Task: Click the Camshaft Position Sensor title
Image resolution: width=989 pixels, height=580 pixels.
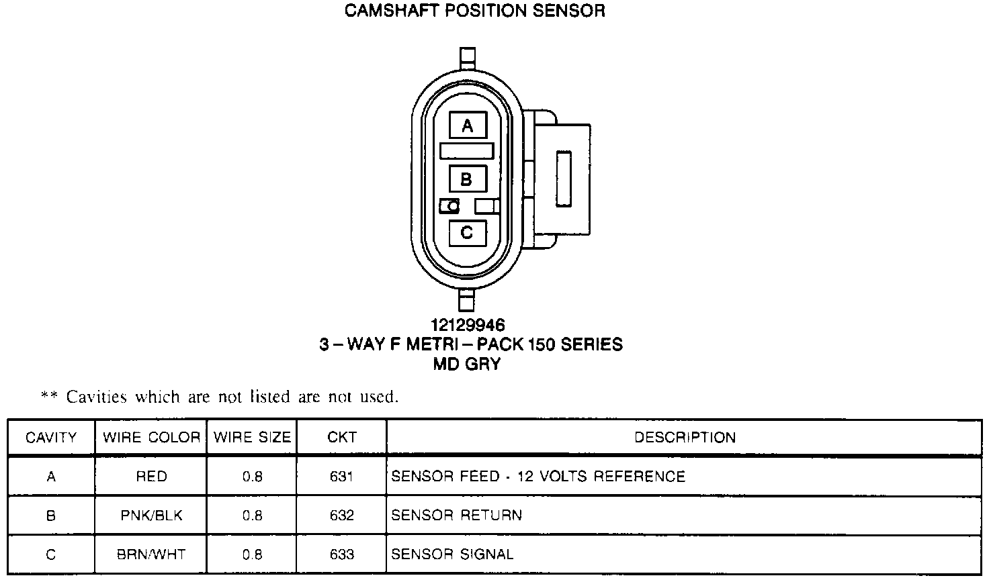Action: click(474, 11)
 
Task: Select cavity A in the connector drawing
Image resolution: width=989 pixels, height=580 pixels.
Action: click(468, 126)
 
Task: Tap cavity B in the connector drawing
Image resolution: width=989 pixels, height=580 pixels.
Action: click(467, 179)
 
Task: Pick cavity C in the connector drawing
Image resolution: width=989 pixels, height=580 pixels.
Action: click(467, 232)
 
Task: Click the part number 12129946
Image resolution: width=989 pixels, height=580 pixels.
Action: click(468, 326)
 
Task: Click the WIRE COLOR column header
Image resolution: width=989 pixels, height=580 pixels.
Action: click(151, 438)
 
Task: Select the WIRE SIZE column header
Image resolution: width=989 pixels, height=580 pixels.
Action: click(252, 438)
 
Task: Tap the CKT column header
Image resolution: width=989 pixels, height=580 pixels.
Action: click(341, 438)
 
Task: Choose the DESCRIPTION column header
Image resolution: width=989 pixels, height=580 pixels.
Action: click(685, 438)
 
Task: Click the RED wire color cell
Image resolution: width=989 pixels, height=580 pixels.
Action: click(151, 477)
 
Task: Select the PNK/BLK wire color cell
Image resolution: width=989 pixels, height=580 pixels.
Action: click(151, 516)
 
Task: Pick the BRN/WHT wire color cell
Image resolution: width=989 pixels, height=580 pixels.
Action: click(151, 554)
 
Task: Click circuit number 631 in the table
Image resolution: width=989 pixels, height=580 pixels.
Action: click(341, 477)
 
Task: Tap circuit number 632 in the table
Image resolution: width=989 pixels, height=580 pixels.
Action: click(341, 516)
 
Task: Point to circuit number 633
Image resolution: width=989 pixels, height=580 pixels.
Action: click(341, 554)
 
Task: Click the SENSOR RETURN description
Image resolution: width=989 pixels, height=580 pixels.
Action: click(456, 516)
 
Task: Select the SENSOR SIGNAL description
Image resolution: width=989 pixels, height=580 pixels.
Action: click(452, 554)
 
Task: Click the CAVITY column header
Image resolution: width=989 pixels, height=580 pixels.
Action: click(51, 438)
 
